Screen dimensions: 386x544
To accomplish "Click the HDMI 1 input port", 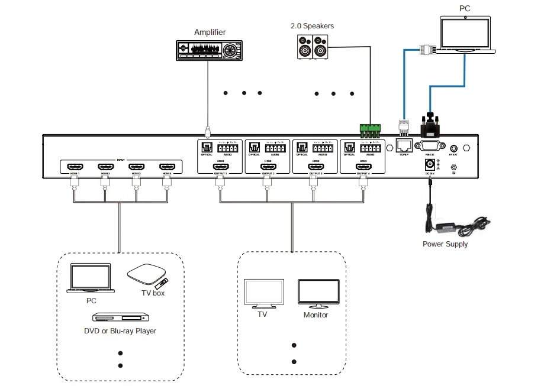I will [74, 168].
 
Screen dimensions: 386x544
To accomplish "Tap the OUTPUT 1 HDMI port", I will [221, 167].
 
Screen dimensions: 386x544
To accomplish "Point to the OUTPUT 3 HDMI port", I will [316, 167].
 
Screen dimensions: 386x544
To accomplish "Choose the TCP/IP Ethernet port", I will [404, 145].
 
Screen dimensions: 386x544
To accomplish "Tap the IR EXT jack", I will [454, 149].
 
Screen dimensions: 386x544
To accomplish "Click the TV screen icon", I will [264, 293].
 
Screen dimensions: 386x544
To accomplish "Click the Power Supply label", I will [445, 244].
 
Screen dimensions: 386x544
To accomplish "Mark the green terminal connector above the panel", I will [370, 128].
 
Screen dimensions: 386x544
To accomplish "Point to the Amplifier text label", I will [210, 32].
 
